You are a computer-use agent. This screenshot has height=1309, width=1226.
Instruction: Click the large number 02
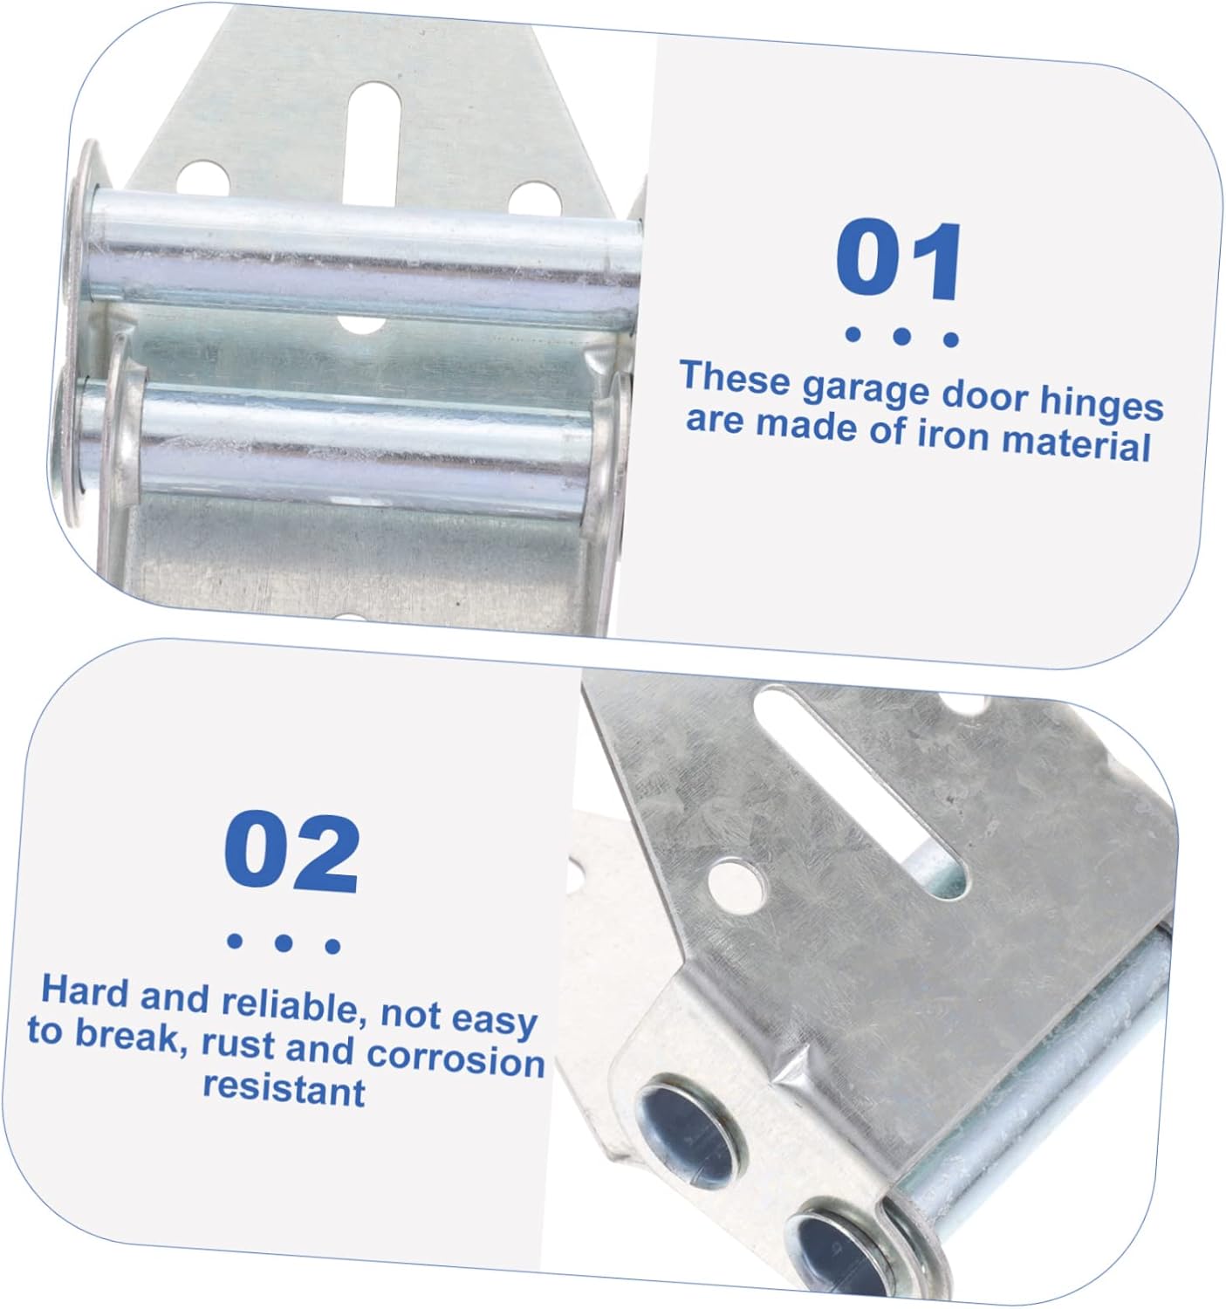291,853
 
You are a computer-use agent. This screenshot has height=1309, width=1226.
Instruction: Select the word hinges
1101,404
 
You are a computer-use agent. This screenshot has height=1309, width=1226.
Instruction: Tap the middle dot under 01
902,336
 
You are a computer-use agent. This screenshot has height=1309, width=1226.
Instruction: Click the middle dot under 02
283,942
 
